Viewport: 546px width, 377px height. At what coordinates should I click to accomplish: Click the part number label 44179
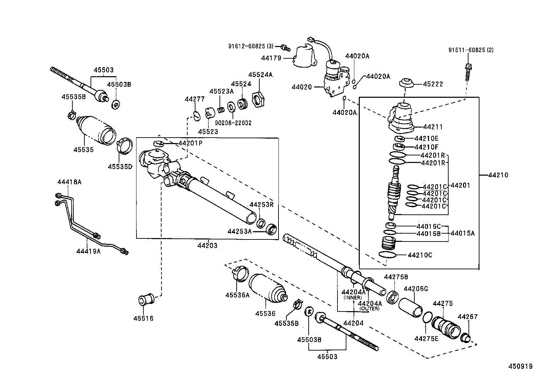tap(271, 58)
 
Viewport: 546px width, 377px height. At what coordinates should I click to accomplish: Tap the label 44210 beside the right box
tap(498, 175)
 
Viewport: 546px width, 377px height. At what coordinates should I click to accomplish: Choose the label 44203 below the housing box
tap(207, 246)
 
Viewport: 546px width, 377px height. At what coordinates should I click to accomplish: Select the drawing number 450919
tap(520, 366)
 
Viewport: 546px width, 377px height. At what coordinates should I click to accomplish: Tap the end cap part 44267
tap(466, 337)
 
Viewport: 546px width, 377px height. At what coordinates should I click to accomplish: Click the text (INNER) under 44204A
tap(353, 297)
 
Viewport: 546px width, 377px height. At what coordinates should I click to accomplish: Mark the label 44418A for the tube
tap(69, 182)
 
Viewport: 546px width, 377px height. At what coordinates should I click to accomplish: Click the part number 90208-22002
tap(233, 123)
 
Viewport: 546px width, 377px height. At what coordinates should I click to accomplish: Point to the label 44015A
tap(462, 233)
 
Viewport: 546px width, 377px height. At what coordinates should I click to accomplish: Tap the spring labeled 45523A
tap(222, 110)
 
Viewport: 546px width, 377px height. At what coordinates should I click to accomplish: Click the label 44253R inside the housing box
tap(261, 205)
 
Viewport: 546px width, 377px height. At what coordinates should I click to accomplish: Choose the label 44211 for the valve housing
tap(433, 127)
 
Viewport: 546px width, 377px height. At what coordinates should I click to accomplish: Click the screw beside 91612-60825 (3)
tap(284, 47)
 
